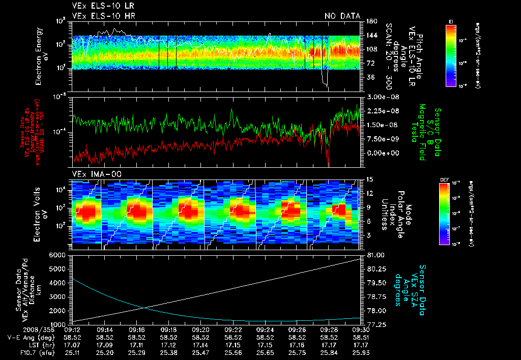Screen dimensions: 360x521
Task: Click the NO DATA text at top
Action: tap(342, 16)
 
